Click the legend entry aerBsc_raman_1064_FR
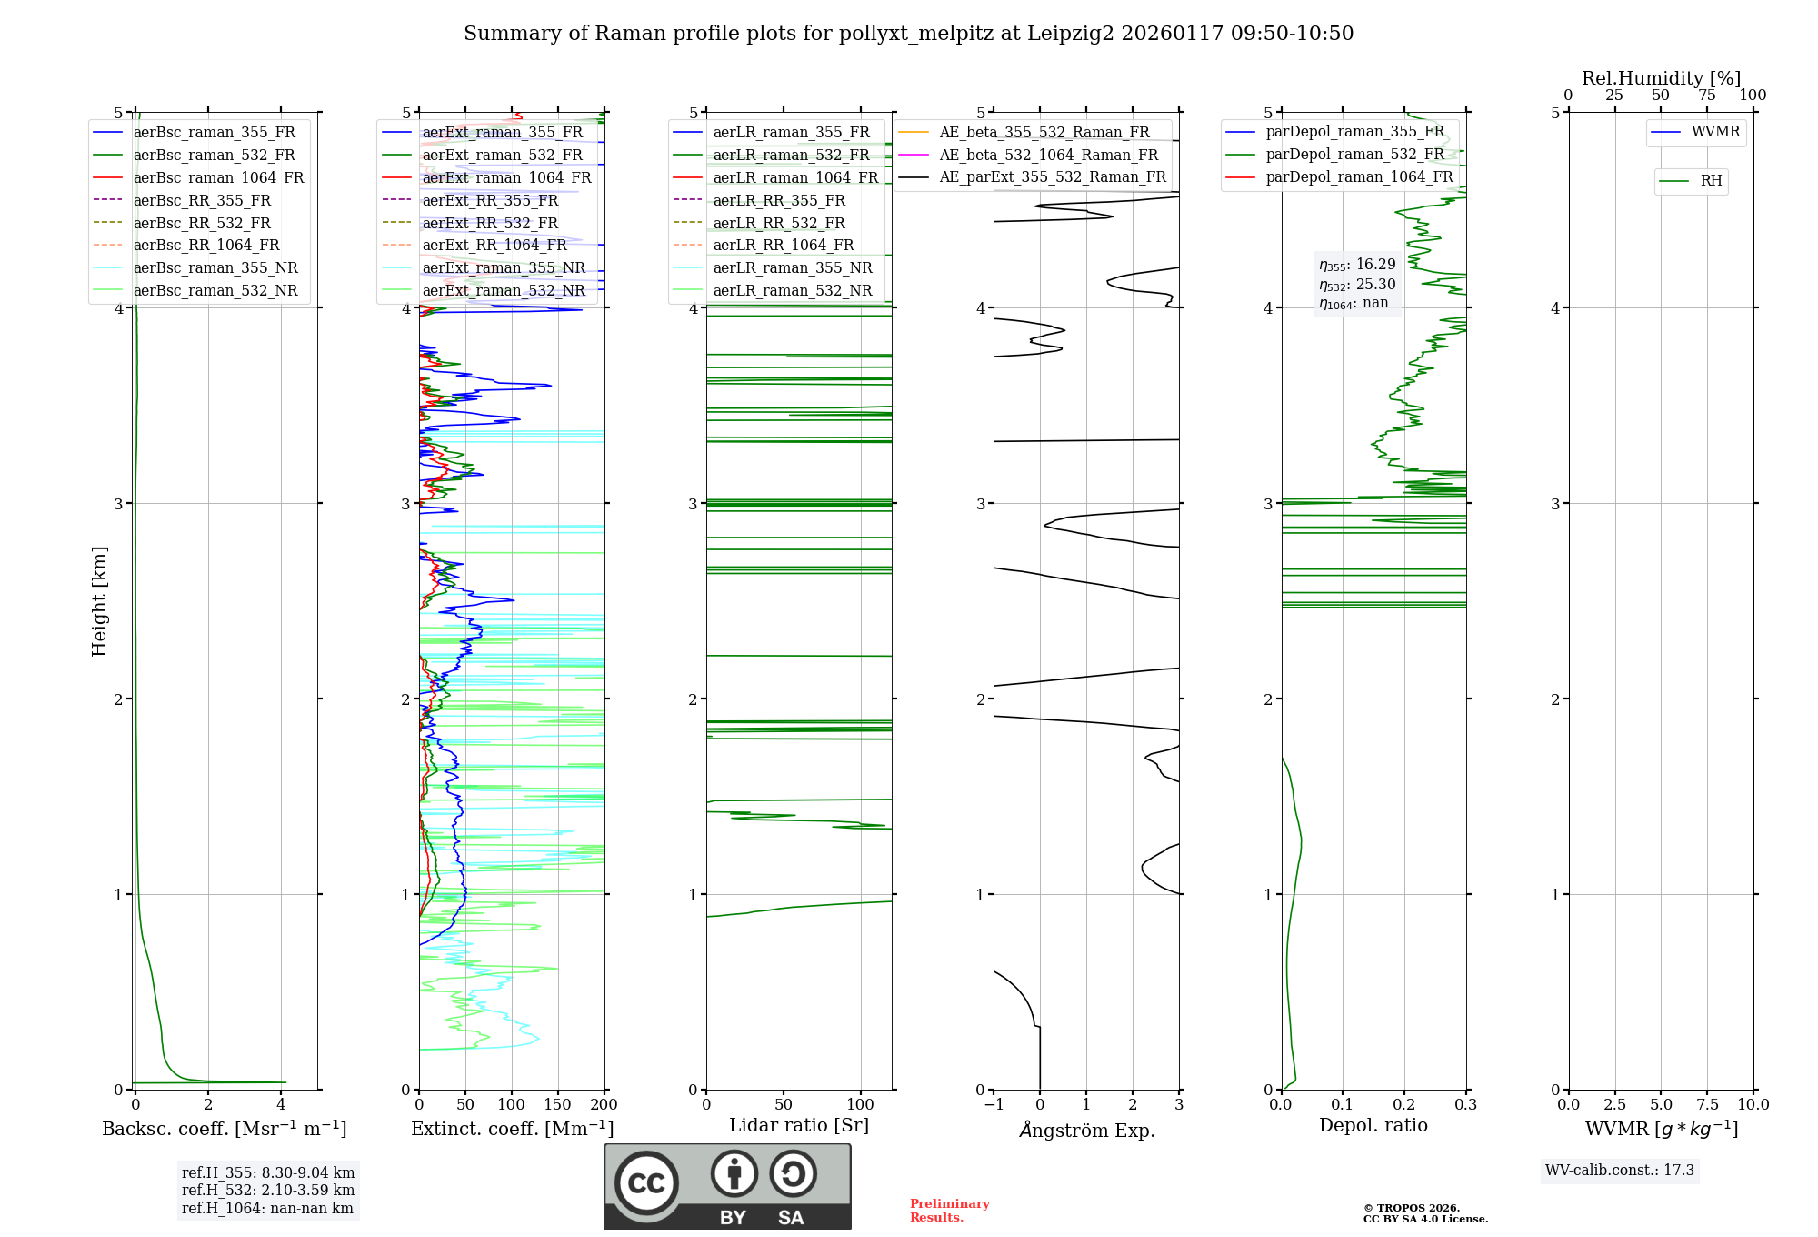coord(218,178)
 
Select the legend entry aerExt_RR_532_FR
coord(490,223)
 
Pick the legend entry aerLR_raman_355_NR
coord(792,268)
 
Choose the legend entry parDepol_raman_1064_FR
coord(1359,177)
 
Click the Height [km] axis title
coord(99,601)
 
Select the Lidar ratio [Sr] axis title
coord(798,1125)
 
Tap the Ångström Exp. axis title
coord(1086,1131)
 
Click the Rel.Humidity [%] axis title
coord(1661,78)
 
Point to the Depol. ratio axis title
coord(1373,1125)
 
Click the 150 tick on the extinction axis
coord(557,1105)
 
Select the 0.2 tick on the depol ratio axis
coord(1404,1105)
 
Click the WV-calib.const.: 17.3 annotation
coord(1619,1171)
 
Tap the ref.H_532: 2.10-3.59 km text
coord(268,1191)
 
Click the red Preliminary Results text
coord(949,1211)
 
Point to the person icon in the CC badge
coord(734,1174)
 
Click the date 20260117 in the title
coord(1172,34)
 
